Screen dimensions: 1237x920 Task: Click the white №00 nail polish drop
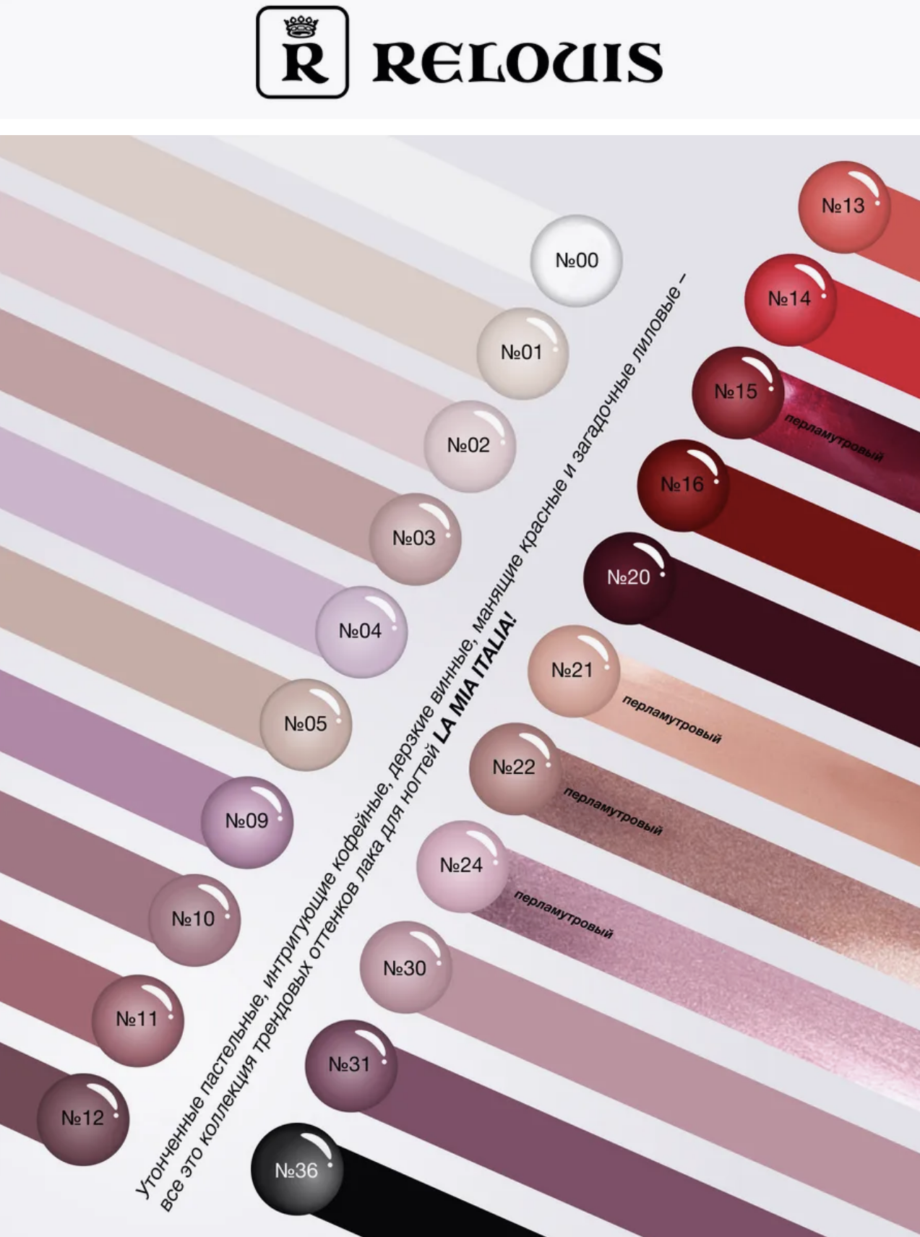coord(576,261)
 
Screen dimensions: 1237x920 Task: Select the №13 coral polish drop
coord(843,207)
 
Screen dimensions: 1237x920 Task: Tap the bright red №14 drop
coord(790,299)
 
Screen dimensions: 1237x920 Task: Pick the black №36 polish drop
coord(296,1171)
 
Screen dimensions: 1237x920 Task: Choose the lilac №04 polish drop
coord(361,632)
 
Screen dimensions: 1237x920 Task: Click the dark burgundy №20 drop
coord(629,578)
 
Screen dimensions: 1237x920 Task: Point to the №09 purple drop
coord(247,822)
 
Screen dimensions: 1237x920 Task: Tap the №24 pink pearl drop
coord(462,866)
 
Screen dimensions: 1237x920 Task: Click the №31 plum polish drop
coord(351,1065)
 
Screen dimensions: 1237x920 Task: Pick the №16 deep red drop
coord(683,485)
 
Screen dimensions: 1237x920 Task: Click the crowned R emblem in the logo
coord(303,52)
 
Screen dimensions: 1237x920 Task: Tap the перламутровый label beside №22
coord(612,811)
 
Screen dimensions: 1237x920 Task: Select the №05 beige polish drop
coord(306,724)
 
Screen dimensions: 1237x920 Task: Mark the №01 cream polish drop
coord(522,353)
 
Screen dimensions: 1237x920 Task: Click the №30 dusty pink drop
coord(405,969)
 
